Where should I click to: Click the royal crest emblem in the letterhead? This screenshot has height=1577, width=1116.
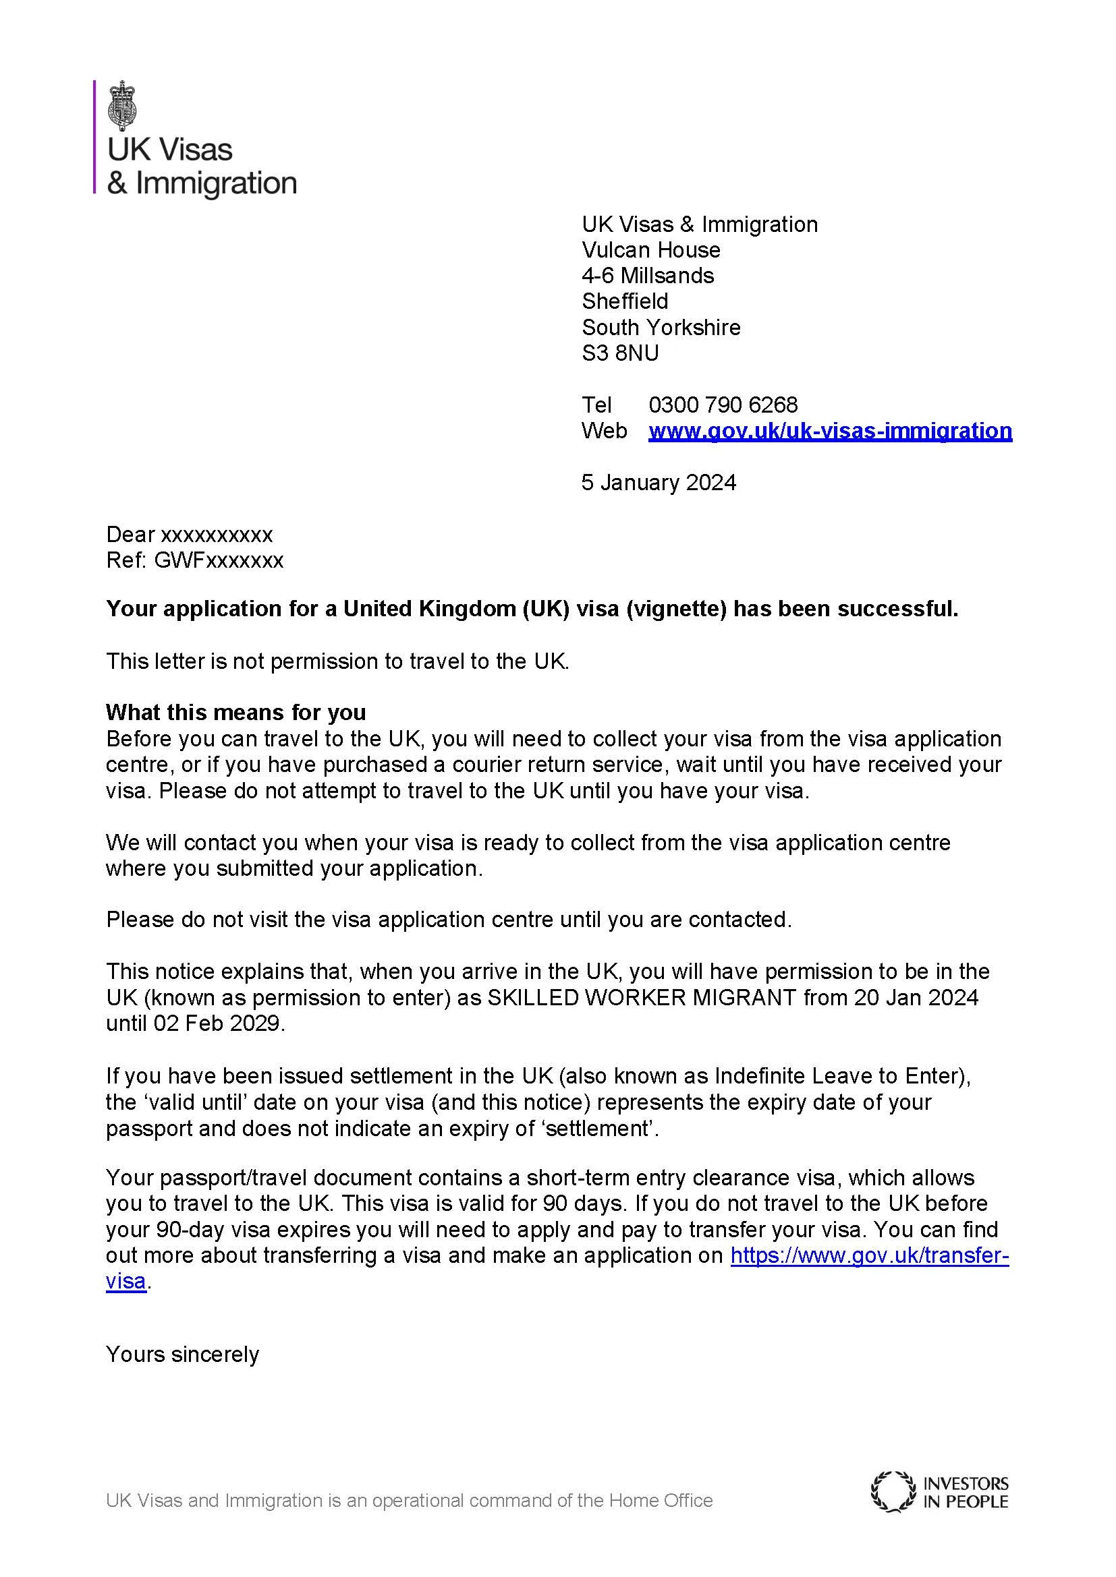click(123, 105)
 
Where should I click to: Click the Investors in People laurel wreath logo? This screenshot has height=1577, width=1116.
click(893, 1492)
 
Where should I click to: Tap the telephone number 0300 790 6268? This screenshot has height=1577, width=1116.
click(723, 405)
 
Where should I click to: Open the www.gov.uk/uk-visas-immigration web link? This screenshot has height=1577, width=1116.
click(830, 431)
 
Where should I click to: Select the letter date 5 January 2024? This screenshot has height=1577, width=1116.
click(659, 482)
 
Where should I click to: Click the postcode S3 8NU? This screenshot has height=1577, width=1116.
click(620, 353)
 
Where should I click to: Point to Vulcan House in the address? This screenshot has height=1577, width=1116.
click(650, 250)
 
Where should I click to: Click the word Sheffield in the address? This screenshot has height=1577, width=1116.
click(625, 301)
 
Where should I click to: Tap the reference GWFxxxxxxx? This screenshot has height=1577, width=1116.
click(219, 560)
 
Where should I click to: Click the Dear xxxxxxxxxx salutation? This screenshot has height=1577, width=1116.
click(189, 535)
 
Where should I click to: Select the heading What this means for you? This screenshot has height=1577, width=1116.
click(235, 712)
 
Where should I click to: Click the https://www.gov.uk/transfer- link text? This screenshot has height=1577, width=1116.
click(869, 1255)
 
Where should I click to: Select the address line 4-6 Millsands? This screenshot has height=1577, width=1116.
click(647, 276)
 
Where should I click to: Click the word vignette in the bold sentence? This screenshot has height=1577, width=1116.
click(675, 609)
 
